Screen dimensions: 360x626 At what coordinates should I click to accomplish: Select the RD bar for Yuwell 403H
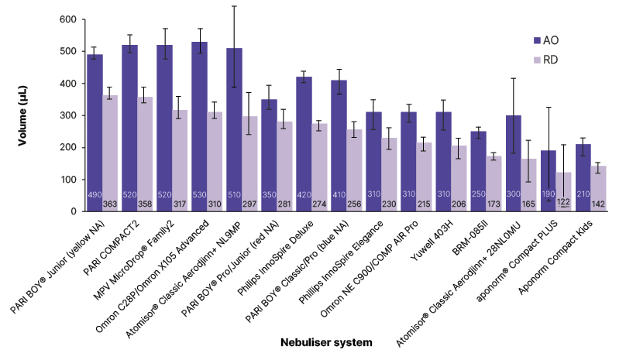click(x=459, y=178)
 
